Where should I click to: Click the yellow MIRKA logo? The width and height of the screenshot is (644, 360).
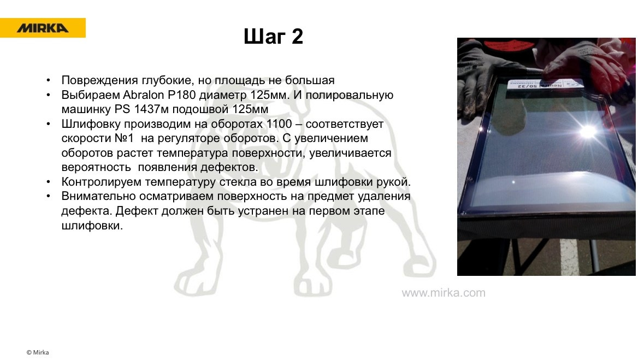pyautogui.click(x=43, y=28)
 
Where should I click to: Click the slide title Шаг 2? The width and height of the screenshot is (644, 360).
pyautogui.click(x=273, y=37)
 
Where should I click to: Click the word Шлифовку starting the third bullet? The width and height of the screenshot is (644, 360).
pyautogui.click(x=88, y=123)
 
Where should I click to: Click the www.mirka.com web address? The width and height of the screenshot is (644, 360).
pyautogui.click(x=444, y=293)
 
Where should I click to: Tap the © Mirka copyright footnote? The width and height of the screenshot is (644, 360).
pyautogui.click(x=38, y=352)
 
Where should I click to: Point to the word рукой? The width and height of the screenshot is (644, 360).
pyautogui.click(x=395, y=181)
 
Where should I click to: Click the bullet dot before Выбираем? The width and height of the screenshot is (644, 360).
pyautogui.click(x=50, y=95)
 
